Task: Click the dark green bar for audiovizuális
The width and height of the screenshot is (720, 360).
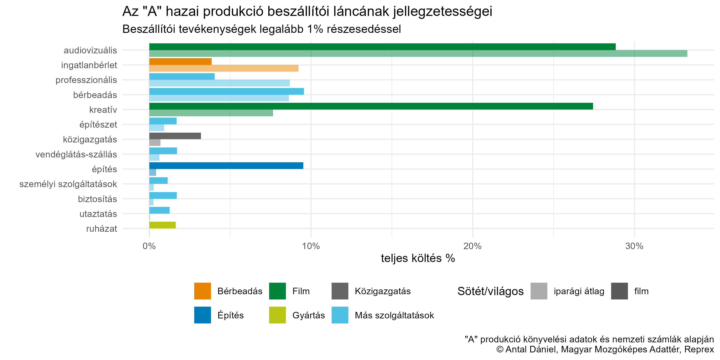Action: (x=382, y=47)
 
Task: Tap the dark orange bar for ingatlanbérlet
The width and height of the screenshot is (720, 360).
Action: (x=180, y=61)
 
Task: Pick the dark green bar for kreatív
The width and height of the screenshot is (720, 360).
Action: (x=371, y=106)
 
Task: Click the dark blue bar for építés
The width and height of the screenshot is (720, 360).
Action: (x=226, y=166)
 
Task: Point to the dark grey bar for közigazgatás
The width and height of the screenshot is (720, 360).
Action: (x=175, y=136)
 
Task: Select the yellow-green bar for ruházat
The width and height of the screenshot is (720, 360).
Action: (x=162, y=225)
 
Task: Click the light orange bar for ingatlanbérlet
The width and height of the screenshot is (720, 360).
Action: (x=224, y=68)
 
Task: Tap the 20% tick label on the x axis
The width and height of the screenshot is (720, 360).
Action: (x=472, y=246)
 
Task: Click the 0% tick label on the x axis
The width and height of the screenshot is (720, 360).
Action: (x=149, y=246)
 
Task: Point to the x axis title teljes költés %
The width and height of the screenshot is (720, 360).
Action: (x=418, y=258)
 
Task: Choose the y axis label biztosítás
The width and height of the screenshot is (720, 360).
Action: (x=97, y=199)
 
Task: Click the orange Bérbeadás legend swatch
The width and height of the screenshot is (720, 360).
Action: (x=202, y=291)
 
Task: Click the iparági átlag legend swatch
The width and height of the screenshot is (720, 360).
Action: (x=539, y=291)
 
